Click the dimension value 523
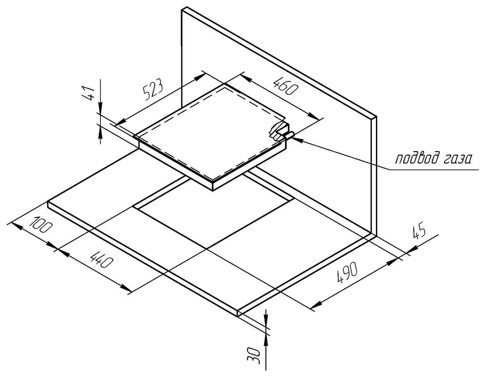click(153, 89)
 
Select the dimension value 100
click(41, 225)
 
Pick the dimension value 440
click(100, 259)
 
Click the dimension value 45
click(419, 233)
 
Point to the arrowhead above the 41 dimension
click(100, 108)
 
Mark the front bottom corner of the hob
click(213, 191)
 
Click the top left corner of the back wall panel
click(181, 10)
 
